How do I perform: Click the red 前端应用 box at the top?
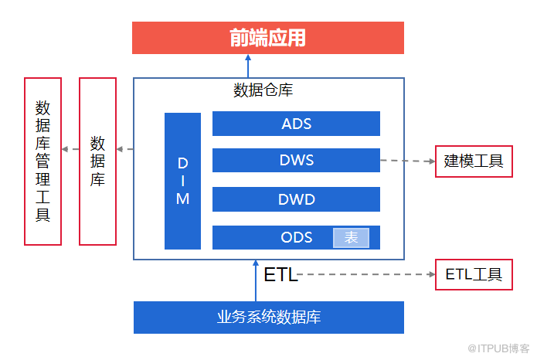pyautogui.click(x=267, y=38)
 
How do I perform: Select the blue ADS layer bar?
pyautogui.click(x=296, y=124)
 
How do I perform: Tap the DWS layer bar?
pyautogui.click(x=296, y=161)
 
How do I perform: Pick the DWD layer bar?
pyautogui.click(x=296, y=199)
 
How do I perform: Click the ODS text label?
pyautogui.click(x=297, y=237)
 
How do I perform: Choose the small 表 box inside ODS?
pyautogui.click(x=351, y=238)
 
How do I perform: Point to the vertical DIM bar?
pyautogui.click(x=182, y=181)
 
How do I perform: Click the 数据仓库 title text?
pyautogui.click(x=263, y=90)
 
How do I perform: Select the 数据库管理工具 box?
pyautogui.click(x=42, y=161)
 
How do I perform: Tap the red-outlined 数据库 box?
pyautogui.click(x=97, y=161)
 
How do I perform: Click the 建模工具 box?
pyautogui.click(x=473, y=161)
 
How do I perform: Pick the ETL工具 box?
pyautogui.click(x=473, y=273)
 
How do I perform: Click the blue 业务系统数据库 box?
pyautogui.click(x=268, y=317)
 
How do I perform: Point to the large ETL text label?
pyautogui.click(x=280, y=274)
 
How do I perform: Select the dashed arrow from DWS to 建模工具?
pyautogui.click(x=406, y=161)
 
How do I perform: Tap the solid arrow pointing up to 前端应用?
pyautogui.click(x=248, y=66)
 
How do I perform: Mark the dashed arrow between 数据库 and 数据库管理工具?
pyautogui.click(x=70, y=148)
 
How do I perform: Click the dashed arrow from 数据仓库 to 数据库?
pyautogui.click(x=125, y=148)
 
